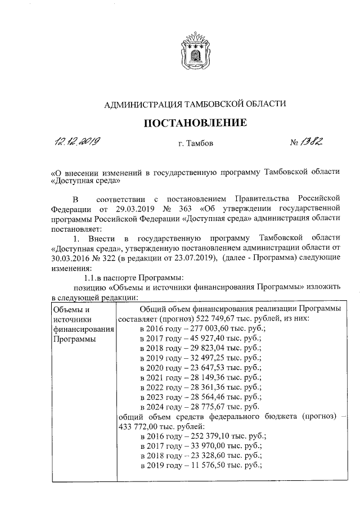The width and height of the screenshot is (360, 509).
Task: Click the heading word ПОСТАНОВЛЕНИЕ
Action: coord(196,123)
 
